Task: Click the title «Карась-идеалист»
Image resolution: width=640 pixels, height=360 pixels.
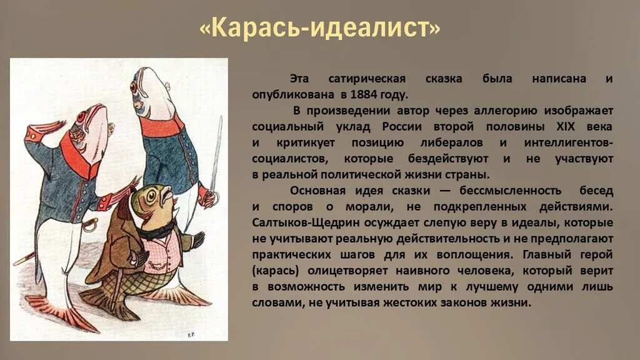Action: tap(320, 27)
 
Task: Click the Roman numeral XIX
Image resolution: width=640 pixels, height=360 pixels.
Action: tap(565, 126)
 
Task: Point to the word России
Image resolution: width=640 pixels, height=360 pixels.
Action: tap(402, 126)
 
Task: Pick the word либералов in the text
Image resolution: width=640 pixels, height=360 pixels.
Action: tap(451, 143)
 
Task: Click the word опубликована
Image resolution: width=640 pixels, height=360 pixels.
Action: tap(292, 95)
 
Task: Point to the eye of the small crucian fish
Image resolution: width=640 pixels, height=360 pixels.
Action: tap(151, 196)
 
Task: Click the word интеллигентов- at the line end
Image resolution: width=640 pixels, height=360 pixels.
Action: tap(569, 143)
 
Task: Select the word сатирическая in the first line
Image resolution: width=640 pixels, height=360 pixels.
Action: tap(367, 79)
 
